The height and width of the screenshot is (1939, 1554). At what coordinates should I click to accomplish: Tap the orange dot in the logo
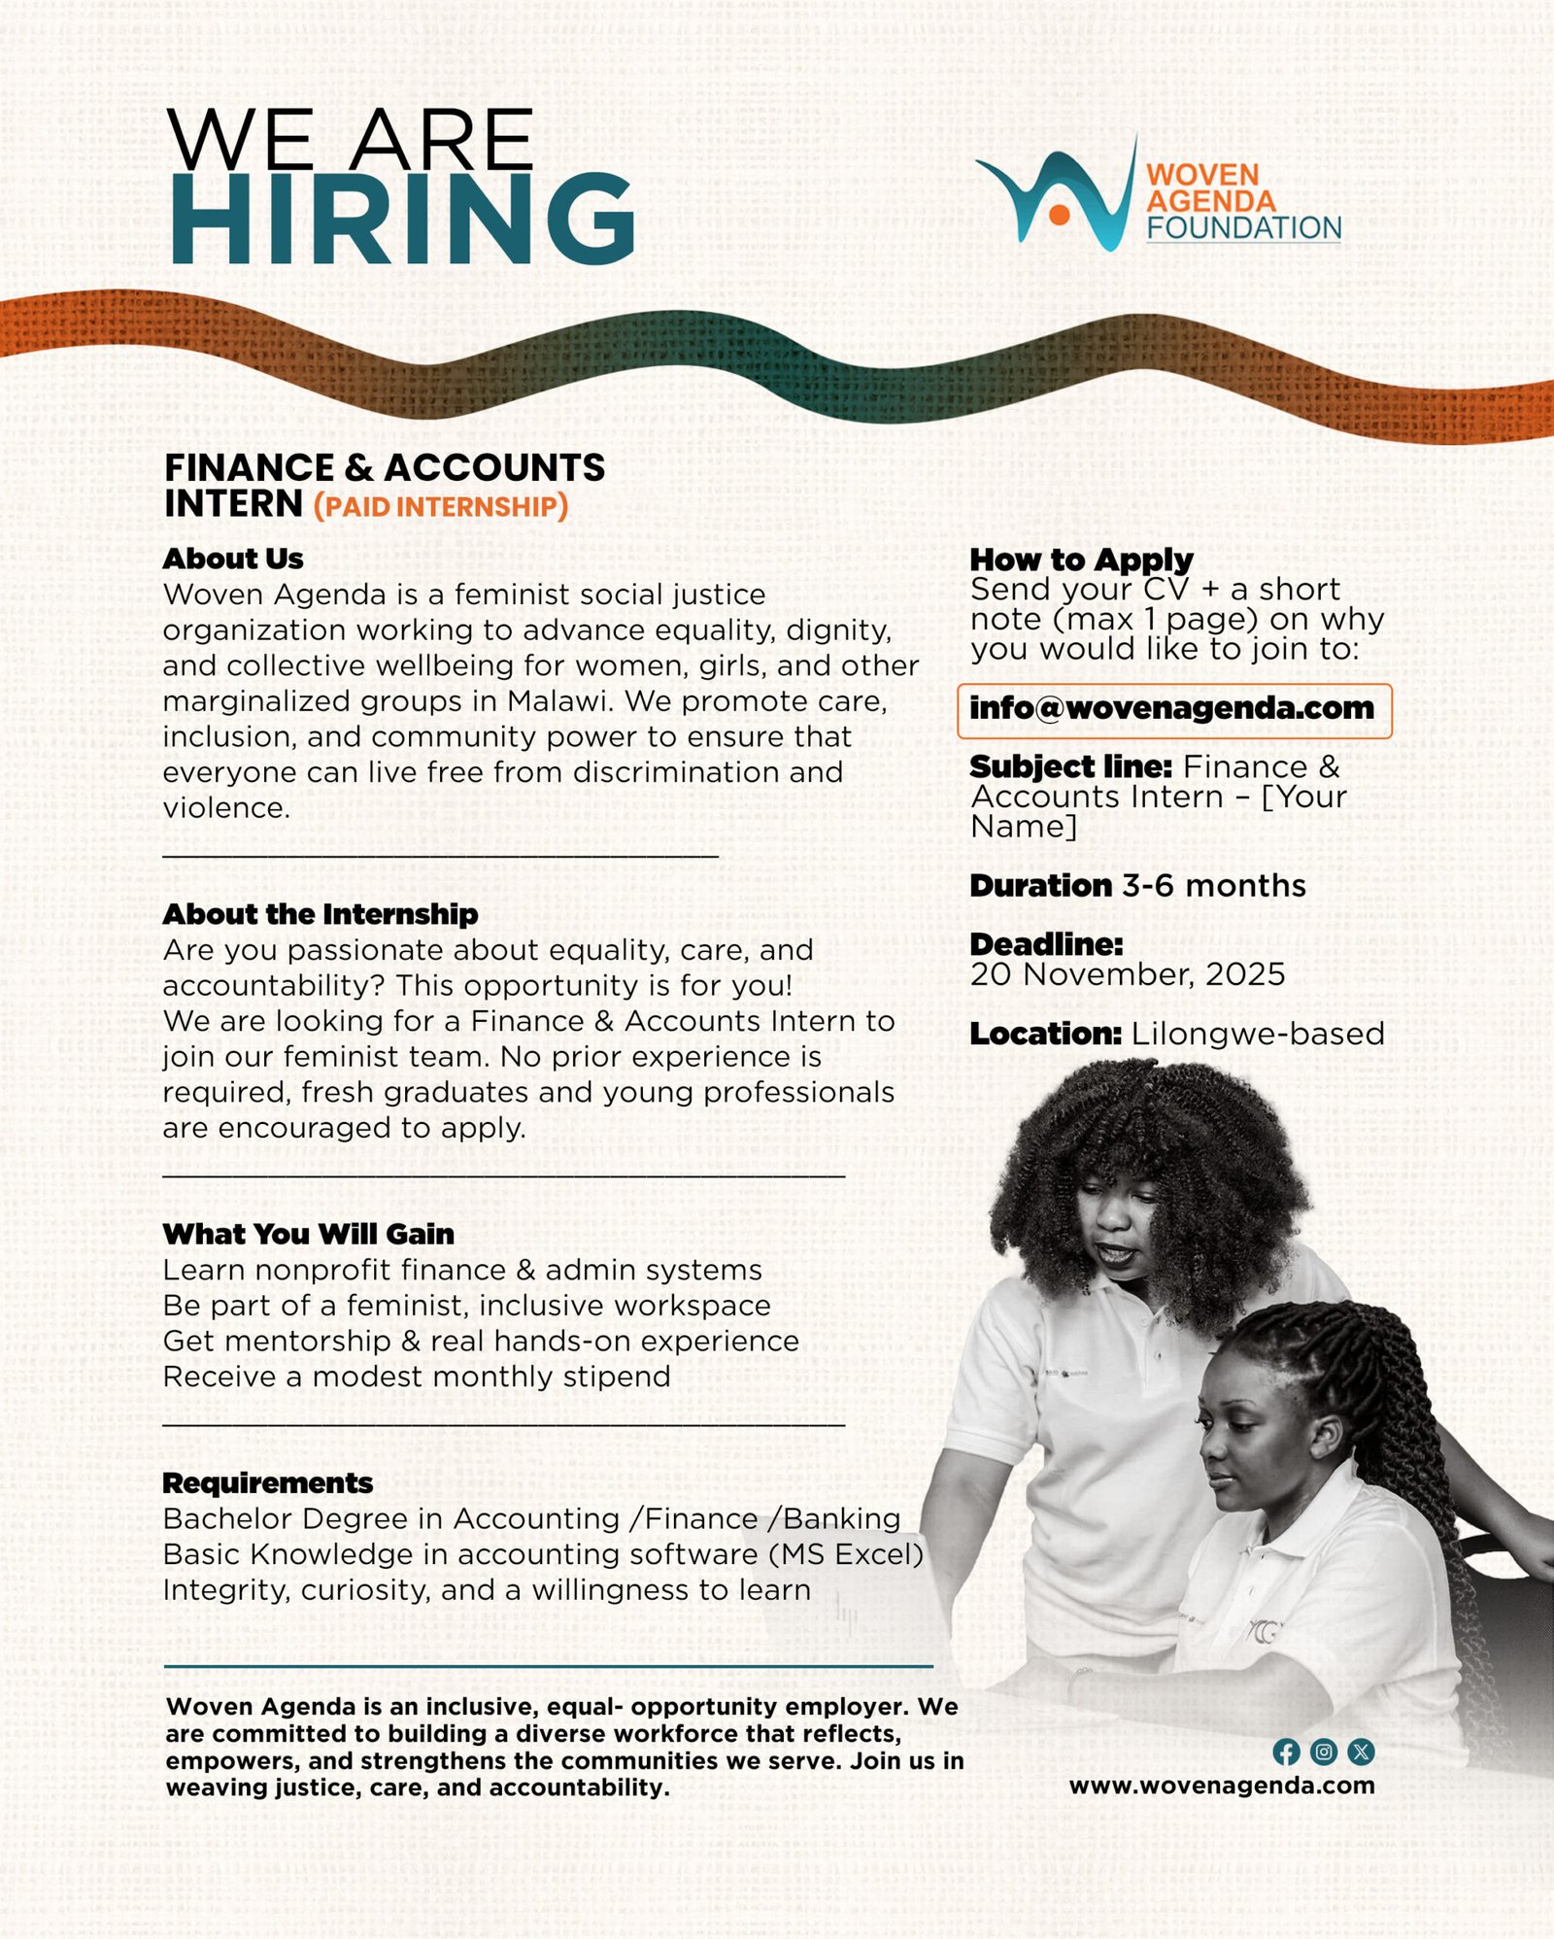point(1060,215)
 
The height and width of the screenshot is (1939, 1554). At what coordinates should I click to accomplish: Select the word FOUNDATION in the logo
point(1243,228)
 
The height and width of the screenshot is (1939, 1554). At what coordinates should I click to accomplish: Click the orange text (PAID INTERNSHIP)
point(441,507)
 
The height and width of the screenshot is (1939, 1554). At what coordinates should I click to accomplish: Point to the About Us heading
point(233,559)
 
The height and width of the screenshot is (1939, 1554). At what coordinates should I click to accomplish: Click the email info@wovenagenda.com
point(1172,709)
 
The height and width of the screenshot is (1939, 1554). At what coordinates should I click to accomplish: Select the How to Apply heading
point(1081,560)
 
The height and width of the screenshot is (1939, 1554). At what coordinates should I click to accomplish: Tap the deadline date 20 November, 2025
point(1127,974)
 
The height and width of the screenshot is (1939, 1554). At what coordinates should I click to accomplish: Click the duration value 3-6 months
point(1214,886)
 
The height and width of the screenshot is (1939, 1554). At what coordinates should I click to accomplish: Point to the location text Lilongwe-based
point(1258,1034)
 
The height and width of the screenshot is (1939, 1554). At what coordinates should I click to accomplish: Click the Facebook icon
point(1286,1752)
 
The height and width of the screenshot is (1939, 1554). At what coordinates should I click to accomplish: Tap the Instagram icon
point(1323,1752)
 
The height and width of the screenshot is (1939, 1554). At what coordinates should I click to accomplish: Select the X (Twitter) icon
point(1361,1752)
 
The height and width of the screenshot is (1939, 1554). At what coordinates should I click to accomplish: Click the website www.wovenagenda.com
point(1222,1786)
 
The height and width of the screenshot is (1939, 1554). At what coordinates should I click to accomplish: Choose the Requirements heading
point(267,1483)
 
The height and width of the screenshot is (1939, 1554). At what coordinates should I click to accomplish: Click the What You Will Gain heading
point(308,1234)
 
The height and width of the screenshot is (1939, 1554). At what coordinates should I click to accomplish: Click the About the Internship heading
point(321,914)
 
